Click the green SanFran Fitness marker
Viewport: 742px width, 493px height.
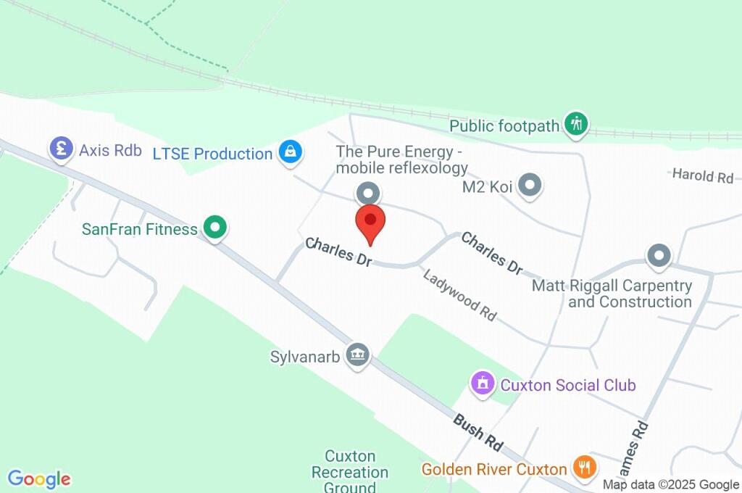214,228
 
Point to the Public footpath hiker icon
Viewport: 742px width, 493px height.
576,124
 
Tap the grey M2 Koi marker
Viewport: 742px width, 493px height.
531,186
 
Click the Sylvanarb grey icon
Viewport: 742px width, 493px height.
357,355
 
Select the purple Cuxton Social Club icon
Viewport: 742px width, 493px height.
482,383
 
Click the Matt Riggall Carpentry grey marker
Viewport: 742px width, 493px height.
659,255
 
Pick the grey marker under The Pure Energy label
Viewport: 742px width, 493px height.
369,194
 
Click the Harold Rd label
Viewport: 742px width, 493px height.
703,175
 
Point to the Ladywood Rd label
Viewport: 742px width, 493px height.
460,295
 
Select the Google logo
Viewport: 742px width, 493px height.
39,478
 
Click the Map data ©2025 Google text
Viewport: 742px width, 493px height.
671,484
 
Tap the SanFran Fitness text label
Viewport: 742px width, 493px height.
140,229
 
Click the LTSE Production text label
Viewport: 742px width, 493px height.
212,154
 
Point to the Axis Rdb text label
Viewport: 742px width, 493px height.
110,151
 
